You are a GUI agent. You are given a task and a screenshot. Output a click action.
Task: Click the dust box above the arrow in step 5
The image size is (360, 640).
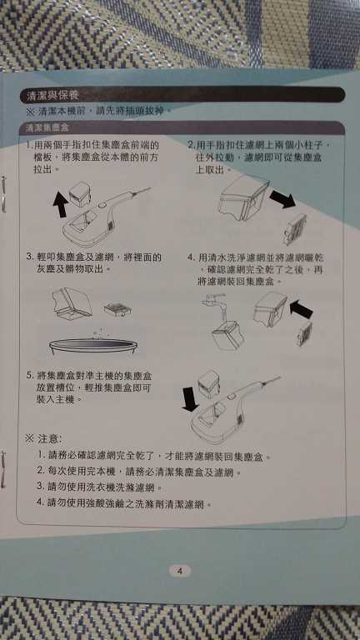[207, 384]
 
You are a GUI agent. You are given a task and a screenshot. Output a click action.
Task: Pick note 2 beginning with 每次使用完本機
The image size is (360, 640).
[133, 472]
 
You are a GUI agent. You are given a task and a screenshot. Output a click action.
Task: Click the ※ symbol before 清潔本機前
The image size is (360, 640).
[30, 110]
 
